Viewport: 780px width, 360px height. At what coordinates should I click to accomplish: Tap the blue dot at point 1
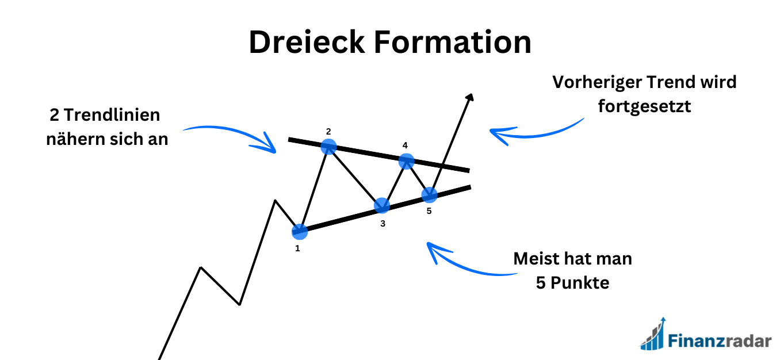300,232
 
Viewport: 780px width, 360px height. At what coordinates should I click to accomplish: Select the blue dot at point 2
328,146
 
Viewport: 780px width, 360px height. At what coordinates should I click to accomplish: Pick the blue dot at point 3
381,205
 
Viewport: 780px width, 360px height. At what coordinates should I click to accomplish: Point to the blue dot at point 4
406,161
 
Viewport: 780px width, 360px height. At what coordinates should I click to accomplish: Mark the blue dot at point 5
429,195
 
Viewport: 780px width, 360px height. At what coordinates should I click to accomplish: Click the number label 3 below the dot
383,223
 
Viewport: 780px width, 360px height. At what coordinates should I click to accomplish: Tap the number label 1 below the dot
297,249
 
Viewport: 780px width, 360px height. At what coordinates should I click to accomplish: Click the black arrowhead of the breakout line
470,98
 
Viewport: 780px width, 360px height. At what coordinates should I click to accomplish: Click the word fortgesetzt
644,106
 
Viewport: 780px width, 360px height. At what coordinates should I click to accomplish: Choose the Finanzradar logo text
719,341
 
